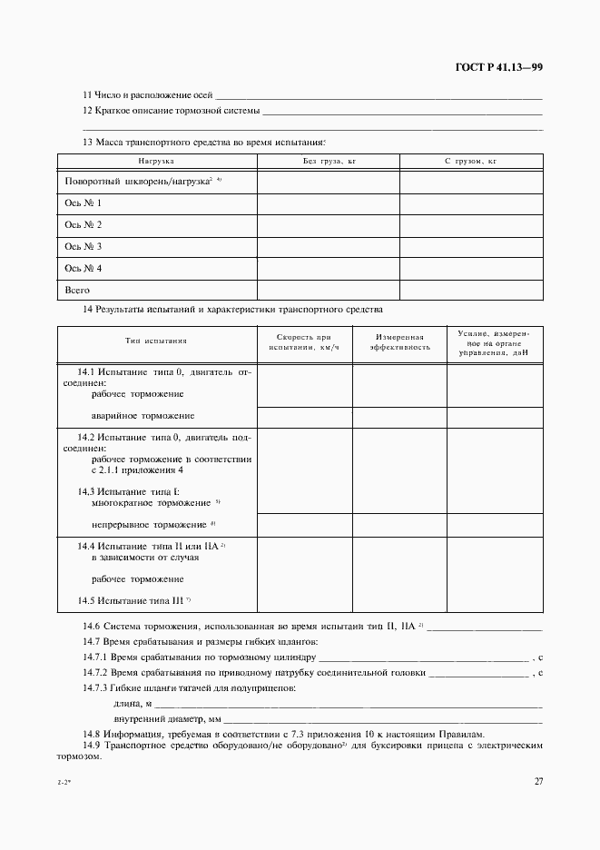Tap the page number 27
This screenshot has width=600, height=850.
[537, 782]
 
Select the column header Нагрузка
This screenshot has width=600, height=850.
[156, 161]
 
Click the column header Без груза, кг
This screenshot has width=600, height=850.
[328, 161]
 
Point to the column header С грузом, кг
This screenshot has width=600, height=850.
[470, 161]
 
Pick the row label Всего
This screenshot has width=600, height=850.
[77, 291]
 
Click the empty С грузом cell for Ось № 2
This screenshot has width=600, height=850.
[471, 225]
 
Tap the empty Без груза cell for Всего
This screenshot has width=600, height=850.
[329, 291]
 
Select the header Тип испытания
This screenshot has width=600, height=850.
[156, 342]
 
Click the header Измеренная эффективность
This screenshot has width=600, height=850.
[399, 342]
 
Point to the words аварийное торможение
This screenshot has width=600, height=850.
[143, 416]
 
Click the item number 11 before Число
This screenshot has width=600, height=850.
[87, 95]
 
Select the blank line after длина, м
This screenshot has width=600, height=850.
[349, 704]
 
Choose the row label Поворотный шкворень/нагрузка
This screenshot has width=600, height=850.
[138, 182]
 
